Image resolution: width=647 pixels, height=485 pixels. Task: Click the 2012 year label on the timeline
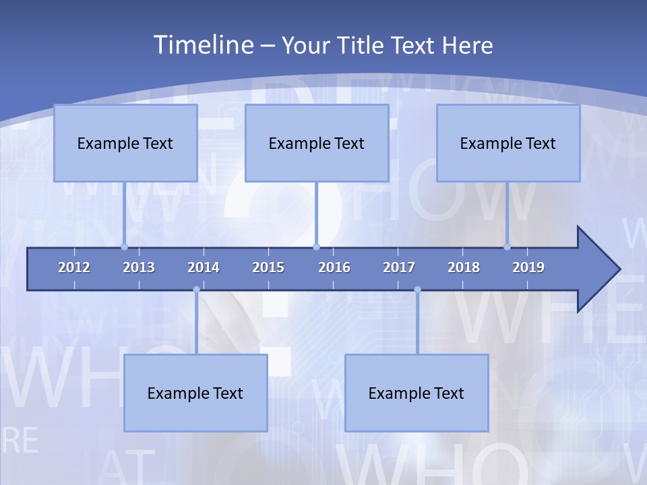[74, 267]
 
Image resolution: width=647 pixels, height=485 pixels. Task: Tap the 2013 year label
[139, 267]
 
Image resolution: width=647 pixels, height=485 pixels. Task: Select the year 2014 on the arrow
[204, 267]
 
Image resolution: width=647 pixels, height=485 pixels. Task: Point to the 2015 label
[268, 267]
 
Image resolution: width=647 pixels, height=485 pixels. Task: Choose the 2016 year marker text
[334, 267]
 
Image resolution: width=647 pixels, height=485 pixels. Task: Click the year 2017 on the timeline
[399, 267]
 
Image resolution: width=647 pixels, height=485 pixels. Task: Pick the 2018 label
[464, 267]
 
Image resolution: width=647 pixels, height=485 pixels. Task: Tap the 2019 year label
[528, 267]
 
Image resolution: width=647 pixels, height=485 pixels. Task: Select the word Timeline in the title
[202, 45]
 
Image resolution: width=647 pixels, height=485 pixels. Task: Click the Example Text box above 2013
[125, 143]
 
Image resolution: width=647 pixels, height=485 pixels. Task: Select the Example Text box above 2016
[317, 143]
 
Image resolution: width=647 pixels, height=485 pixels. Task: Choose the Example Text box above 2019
[508, 143]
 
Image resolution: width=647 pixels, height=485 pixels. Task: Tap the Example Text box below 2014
[195, 393]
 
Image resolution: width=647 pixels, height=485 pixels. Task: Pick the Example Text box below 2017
[417, 393]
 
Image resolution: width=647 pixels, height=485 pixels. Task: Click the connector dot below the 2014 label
[196, 290]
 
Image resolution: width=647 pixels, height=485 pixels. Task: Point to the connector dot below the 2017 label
[417, 290]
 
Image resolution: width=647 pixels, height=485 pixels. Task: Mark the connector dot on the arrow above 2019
[507, 247]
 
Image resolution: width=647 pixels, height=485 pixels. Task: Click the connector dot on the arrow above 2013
[125, 247]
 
